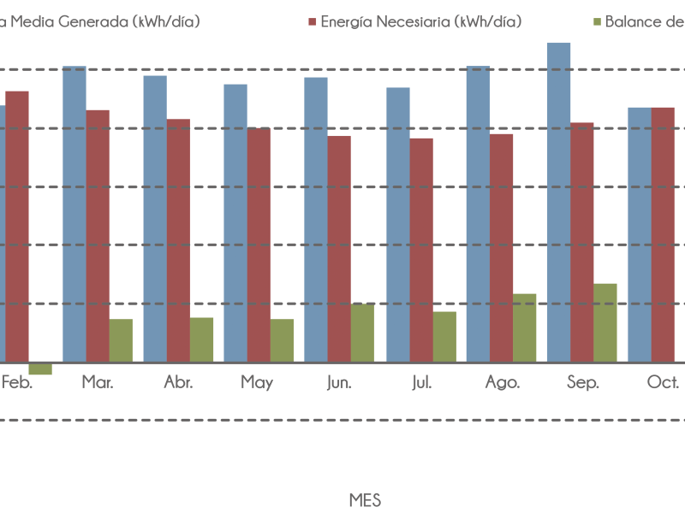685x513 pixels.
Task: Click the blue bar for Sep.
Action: pos(558,202)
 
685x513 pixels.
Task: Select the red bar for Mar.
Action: pos(98,235)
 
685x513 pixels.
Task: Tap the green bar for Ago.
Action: pos(524,327)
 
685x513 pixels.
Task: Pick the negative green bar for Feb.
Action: pos(39,369)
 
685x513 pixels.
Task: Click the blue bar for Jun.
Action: pos(316,219)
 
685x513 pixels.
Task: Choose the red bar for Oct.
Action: pos(663,234)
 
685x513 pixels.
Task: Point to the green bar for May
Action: pos(282,340)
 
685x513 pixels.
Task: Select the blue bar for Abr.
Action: pos(155,218)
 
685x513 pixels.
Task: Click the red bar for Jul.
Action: pos(421,250)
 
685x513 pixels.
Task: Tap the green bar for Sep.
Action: pos(605,322)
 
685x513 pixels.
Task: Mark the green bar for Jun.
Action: pos(362,333)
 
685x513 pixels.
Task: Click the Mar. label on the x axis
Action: pos(97,382)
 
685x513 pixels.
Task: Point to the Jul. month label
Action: pos(421,382)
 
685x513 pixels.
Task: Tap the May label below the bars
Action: pos(257,382)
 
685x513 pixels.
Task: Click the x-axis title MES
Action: pos(365,499)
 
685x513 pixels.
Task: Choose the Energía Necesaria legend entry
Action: pos(420,21)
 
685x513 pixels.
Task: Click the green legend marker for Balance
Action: pos(597,21)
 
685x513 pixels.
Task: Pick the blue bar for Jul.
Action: pos(398,224)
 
